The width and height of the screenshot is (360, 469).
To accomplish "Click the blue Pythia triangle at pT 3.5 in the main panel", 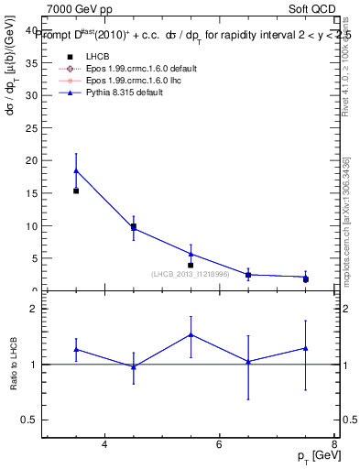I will [76, 170].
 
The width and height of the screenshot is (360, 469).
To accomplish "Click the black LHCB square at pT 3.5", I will [76, 191].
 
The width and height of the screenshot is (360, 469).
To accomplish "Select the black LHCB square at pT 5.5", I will [191, 266].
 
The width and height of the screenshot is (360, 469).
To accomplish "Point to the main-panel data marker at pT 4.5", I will [134, 227].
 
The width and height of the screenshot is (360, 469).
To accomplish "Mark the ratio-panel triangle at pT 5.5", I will [191, 334].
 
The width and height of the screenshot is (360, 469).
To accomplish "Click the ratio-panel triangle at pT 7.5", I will [305, 348].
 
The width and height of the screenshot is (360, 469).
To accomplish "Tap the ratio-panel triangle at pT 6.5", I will [248, 362].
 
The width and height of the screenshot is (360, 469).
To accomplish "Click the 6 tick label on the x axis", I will [219, 444].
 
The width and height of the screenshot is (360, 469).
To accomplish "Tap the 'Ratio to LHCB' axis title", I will [14, 365].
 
